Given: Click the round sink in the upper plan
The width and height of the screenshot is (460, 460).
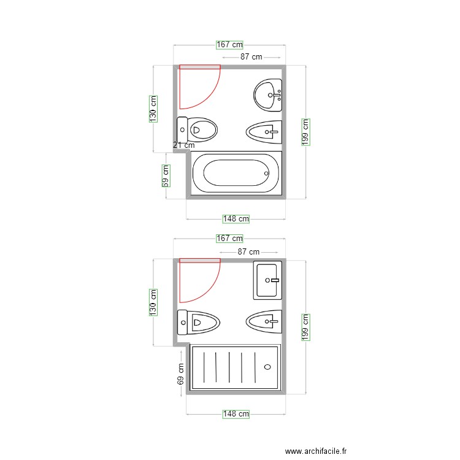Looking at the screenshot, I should tap(268, 95).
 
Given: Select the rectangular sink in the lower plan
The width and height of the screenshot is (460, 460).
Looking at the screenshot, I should tap(268, 280).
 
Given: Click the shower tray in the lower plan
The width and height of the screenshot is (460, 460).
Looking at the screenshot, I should tap(236, 367).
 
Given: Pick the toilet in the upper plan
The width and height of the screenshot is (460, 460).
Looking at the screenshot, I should tap(197, 129).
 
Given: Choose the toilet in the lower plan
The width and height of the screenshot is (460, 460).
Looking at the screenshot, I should tap(198, 322).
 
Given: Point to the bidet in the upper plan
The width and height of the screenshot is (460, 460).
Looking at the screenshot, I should tap(264, 131).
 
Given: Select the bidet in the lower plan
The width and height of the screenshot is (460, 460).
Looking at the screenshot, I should tap(264, 320).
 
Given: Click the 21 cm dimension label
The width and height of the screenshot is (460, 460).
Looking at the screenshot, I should tap(183, 145).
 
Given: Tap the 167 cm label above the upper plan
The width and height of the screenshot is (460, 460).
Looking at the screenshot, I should tap(229, 44).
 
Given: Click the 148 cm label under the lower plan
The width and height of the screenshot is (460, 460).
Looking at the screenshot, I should tap(236, 414).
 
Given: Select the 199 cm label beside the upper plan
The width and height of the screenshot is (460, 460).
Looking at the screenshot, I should tap(306, 131).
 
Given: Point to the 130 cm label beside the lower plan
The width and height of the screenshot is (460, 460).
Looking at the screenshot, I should tap(153, 302).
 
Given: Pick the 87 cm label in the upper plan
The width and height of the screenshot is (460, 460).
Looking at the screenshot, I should tap(251, 57).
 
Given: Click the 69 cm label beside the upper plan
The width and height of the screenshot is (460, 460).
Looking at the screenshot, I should tap(166, 175).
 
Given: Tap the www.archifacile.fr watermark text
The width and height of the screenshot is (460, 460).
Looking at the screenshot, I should tap(320, 451).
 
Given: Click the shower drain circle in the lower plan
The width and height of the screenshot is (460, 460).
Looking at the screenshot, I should tap(267, 367).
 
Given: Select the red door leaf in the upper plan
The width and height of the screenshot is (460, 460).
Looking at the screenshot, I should tap(200, 66).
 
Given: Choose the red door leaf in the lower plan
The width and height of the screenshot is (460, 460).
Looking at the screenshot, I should tap(200, 260).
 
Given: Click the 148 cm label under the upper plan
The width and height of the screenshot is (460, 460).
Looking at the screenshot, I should tap(236, 218).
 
